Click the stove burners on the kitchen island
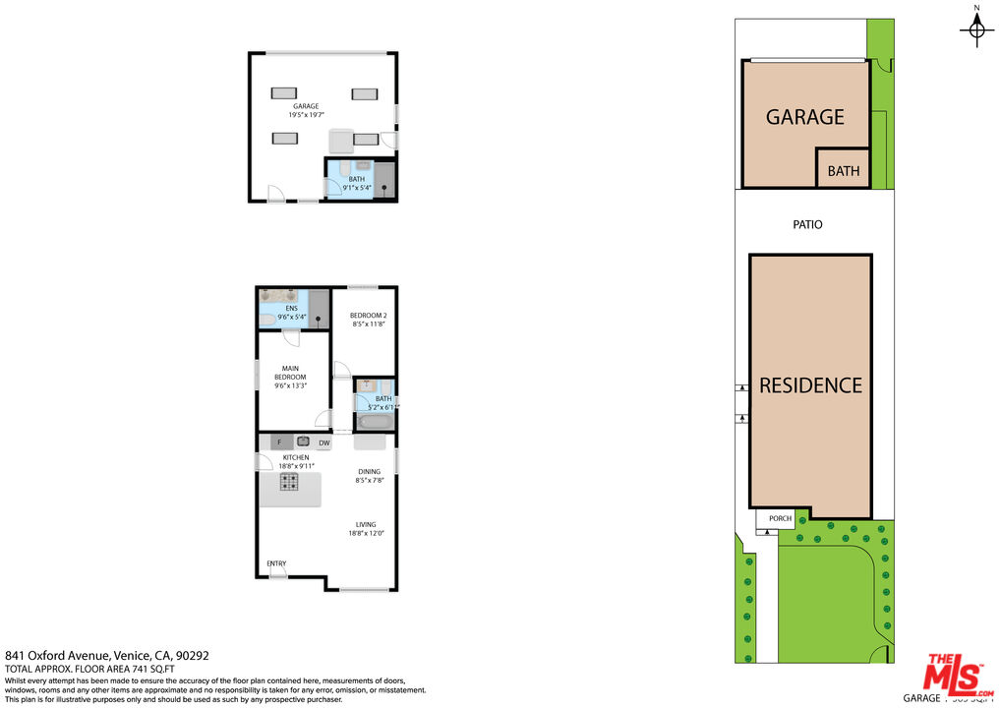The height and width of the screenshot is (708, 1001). tap(290, 482)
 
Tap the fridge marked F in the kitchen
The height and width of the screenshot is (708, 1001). tap(279, 442)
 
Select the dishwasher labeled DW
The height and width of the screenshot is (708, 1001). tap(324, 442)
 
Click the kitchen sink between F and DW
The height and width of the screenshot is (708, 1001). tap(304, 442)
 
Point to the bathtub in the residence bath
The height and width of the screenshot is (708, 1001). tap(375, 422)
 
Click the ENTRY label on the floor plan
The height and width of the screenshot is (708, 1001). tap(276, 563)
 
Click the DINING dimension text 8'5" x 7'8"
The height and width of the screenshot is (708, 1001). tap(369, 480)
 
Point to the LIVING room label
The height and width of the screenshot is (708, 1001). tap(366, 524)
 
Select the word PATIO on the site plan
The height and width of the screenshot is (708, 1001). tap(807, 224)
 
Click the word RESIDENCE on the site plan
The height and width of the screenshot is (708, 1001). tap(810, 385)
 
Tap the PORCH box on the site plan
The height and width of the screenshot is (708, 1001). tap(780, 518)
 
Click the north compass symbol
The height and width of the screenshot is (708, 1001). tap(976, 29)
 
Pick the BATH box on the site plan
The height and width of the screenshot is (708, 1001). tap(843, 171)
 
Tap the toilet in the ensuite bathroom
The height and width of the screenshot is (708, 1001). tap(267, 318)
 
